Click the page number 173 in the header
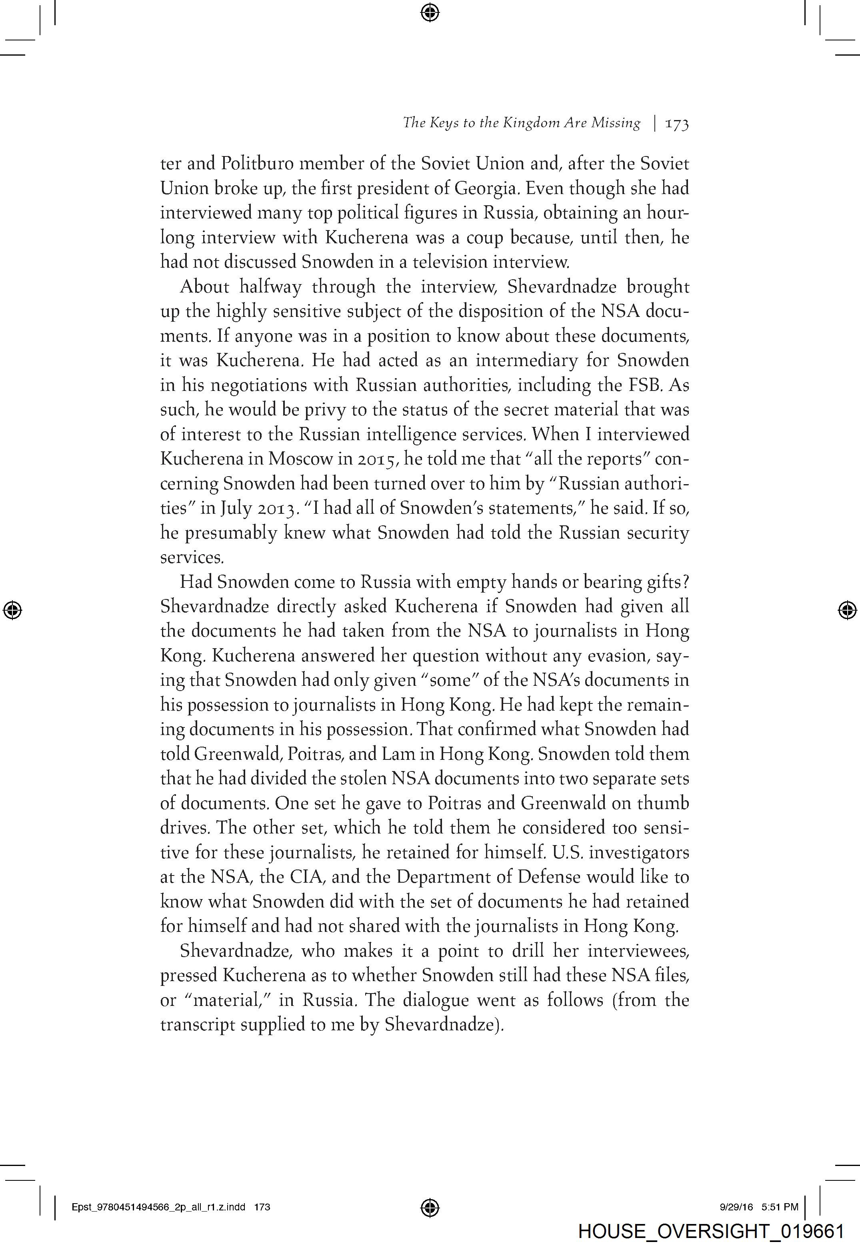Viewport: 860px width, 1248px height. (677, 124)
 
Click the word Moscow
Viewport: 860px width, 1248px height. (301, 459)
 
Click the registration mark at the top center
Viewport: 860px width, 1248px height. (430, 12)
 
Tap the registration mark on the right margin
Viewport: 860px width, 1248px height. (847, 610)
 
